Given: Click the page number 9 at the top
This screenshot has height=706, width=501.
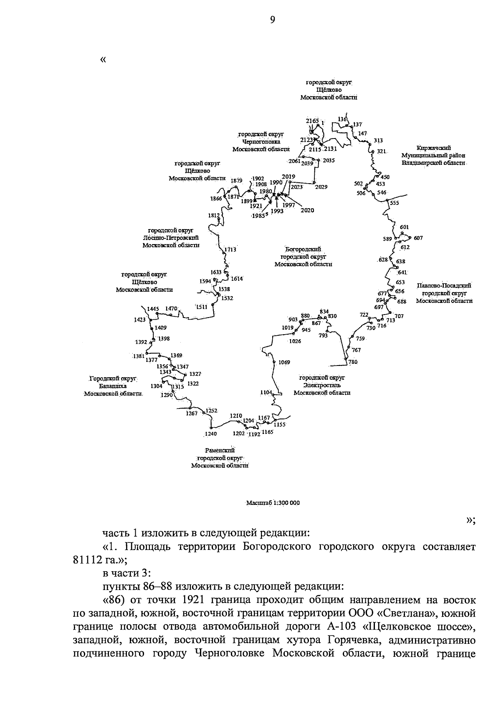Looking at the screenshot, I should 272,19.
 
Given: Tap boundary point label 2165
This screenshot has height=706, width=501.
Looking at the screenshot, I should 312,121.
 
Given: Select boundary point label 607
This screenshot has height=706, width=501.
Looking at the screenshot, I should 418,238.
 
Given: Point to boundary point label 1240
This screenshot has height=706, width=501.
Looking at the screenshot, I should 211,434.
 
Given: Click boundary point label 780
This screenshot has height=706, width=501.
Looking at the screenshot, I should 353,362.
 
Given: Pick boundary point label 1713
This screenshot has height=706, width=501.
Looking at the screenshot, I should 230,250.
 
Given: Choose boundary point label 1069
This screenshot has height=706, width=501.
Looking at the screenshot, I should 284,362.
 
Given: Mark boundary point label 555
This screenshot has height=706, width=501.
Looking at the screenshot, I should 395,203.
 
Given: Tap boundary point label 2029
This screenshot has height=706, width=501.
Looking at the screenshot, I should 321,187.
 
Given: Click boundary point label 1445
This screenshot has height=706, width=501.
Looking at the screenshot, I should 153,309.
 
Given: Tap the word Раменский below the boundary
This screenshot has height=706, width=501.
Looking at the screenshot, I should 220,450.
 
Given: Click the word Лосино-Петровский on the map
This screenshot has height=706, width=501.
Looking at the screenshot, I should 171,238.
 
